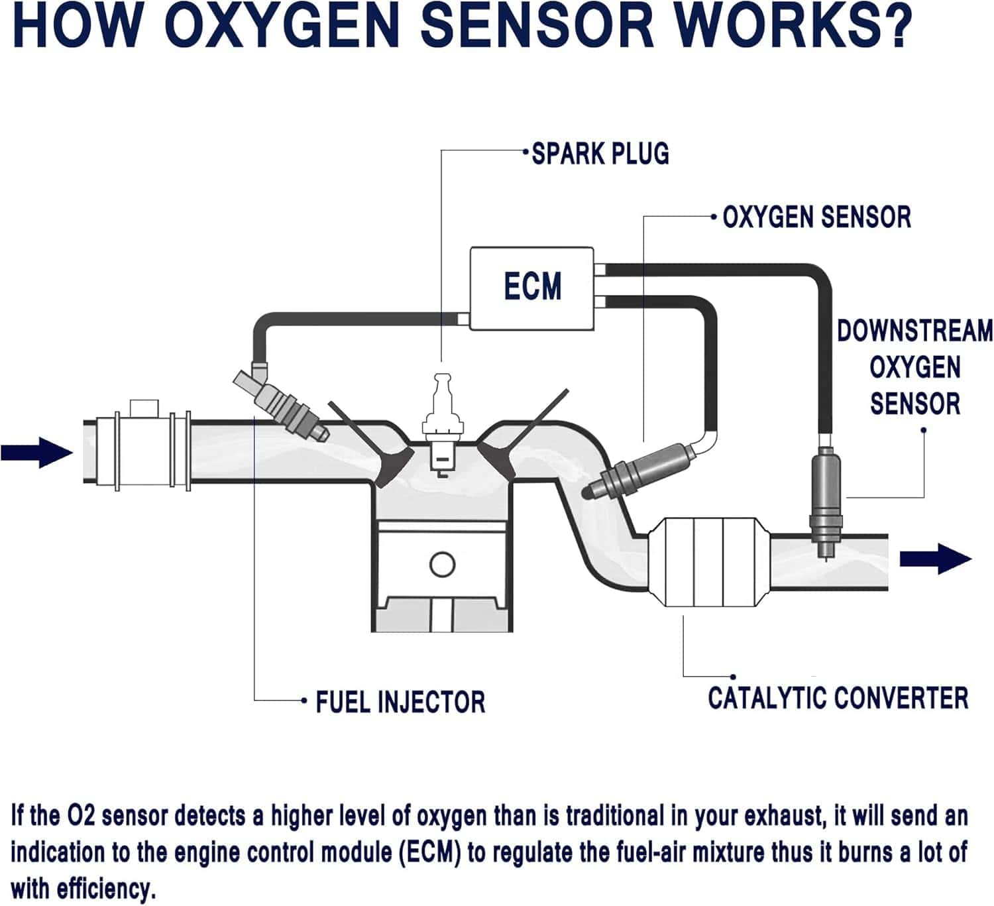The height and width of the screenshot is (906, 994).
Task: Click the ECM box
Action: coord(532,288)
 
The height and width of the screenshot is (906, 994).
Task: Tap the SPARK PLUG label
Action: coord(600,154)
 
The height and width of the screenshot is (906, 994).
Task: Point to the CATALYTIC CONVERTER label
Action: coord(838,699)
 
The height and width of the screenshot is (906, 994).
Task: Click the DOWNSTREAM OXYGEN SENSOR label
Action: coord(914,367)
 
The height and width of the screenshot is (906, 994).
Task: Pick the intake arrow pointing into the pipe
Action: coord(36,453)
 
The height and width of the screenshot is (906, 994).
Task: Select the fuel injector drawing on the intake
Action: coord(282,404)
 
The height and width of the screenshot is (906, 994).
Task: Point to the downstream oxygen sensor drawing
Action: coord(825,500)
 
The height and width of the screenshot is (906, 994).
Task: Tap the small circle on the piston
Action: coord(442,565)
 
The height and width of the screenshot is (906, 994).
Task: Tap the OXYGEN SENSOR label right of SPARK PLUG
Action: coord(816,217)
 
